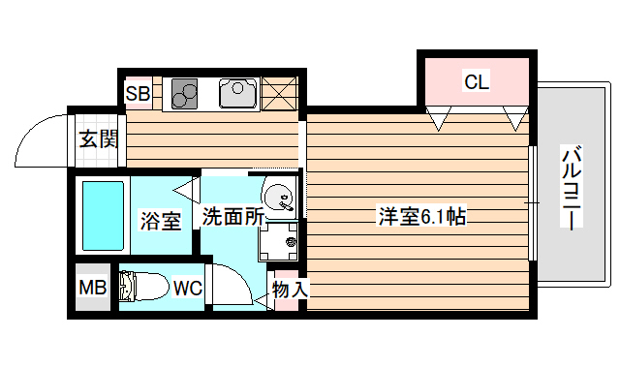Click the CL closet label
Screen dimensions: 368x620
[x=476, y=82]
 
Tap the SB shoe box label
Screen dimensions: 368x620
[x=137, y=95]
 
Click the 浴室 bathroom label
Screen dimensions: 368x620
[x=160, y=221]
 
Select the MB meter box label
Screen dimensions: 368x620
[x=92, y=288]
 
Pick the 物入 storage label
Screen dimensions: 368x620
[x=289, y=289]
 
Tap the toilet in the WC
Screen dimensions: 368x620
[x=141, y=288]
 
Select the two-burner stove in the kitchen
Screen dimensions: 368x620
[x=185, y=94]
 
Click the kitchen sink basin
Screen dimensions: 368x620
[x=237, y=93]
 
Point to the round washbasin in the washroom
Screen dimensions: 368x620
[x=281, y=197]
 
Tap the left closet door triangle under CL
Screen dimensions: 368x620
[x=440, y=119]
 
